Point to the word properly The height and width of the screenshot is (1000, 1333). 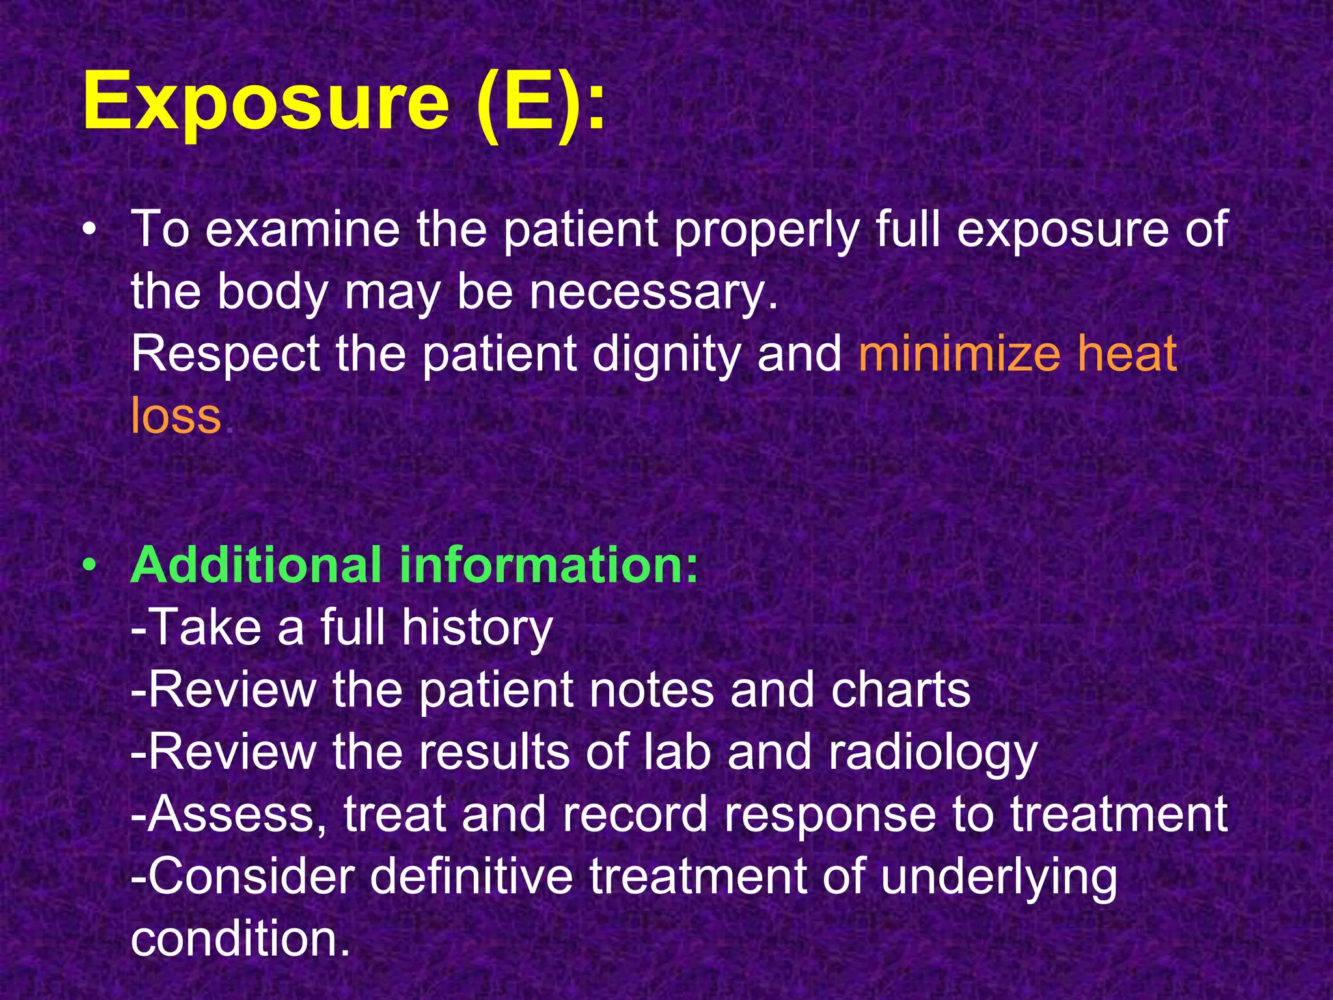[766, 230]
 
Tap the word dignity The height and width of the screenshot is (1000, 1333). [666, 354]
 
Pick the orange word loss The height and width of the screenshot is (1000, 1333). [176, 415]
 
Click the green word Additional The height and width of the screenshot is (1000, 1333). [256, 564]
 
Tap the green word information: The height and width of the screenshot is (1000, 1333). [548, 564]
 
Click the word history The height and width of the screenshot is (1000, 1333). [476, 628]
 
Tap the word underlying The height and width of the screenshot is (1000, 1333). [998, 878]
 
